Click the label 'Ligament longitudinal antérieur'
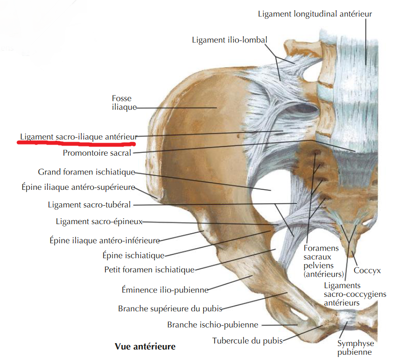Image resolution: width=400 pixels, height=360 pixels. [x=315, y=14]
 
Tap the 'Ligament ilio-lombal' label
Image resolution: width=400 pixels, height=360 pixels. [x=230, y=40]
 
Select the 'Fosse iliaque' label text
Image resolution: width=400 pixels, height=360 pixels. [x=124, y=103]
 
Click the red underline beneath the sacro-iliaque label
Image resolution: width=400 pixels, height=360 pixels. [x=76, y=143]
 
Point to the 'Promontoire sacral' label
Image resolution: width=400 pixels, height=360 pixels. [x=97, y=153]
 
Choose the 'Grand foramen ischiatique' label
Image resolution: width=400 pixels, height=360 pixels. [x=86, y=172]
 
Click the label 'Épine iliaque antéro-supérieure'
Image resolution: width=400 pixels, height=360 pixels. [x=78, y=187]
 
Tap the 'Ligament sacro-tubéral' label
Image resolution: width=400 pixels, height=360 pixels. [x=89, y=205]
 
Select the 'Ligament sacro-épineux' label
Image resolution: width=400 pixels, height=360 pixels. [x=99, y=222]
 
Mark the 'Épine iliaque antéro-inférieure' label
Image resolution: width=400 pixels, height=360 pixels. [x=105, y=240]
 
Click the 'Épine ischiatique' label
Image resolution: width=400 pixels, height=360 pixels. [x=134, y=255]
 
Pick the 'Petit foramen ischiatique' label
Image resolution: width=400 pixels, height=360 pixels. [x=150, y=269]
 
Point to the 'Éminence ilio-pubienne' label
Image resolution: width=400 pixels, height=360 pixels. [x=165, y=290]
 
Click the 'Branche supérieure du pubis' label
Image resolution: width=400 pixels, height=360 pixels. [x=170, y=309]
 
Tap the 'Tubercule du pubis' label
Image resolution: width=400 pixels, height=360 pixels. [x=248, y=341]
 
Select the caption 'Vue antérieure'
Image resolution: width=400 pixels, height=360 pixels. [x=145, y=347]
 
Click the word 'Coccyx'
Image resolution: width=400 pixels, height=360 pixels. [x=367, y=270]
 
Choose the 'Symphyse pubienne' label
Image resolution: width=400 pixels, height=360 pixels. [x=356, y=348]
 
